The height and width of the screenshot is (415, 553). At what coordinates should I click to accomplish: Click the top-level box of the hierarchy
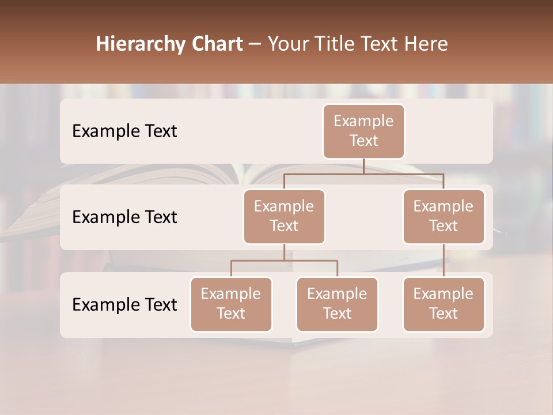(x=363, y=131)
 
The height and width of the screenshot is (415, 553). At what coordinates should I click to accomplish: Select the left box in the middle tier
(x=284, y=216)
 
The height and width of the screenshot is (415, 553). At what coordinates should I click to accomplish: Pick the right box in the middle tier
(x=444, y=216)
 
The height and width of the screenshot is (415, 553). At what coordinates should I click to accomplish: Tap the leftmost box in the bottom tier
(x=231, y=304)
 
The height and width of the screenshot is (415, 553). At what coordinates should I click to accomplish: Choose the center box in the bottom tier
(x=337, y=304)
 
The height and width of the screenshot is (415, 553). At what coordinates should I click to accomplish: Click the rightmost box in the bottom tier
(x=444, y=304)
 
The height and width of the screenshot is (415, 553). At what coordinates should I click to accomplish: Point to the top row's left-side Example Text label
(x=124, y=131)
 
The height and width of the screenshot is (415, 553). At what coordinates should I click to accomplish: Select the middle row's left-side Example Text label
(x=124, y=217)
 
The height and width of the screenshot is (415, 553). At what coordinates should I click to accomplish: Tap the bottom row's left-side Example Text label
(x=124, y=304)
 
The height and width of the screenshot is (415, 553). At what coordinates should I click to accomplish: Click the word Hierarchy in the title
(x=139, y=44)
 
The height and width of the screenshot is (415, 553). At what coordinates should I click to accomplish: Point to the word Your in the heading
(x=288, y=44)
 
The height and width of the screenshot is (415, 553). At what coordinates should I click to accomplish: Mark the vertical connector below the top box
(x=363, y=166)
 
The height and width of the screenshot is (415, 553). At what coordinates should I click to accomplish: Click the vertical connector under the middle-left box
(x=284, y=252)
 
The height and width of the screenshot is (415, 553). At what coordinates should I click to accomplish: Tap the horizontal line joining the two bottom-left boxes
(x=284, y=261)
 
